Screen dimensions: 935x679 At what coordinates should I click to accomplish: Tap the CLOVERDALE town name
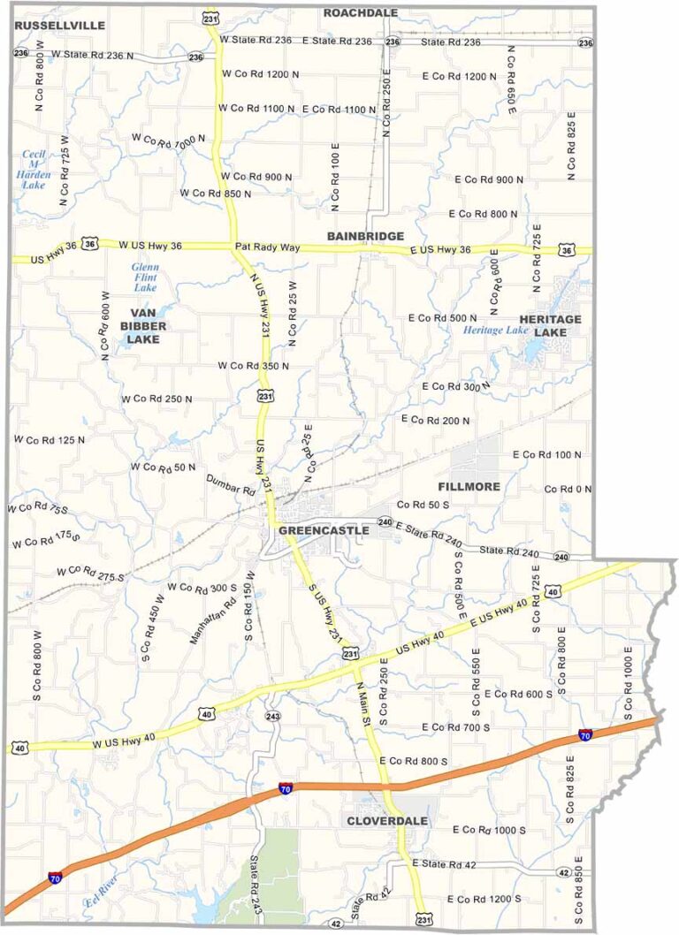pos(387,821)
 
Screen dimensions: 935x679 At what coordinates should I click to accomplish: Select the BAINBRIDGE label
pos(365,236)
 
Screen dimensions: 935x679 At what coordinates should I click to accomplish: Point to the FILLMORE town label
pos(469,487)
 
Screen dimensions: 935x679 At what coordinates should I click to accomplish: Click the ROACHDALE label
pos(361,12)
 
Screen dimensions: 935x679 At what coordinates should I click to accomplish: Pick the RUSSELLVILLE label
pos(60,26)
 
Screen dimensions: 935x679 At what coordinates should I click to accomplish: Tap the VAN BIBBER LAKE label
pos(148,325)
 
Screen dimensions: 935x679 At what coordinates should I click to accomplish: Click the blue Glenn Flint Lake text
pos(144,277)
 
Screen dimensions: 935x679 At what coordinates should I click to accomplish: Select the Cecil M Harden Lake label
pos(34,169)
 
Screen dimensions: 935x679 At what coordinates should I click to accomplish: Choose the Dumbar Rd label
pos(230,483)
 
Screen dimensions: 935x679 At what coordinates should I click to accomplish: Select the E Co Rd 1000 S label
pos(489,831)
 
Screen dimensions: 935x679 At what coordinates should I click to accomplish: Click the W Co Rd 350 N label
pos(254,365)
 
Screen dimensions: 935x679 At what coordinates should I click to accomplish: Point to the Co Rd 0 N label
pos(567,489)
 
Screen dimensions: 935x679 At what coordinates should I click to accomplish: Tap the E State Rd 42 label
pos(451,862)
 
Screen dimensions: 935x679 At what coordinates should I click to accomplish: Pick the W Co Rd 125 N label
pos(50,439)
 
